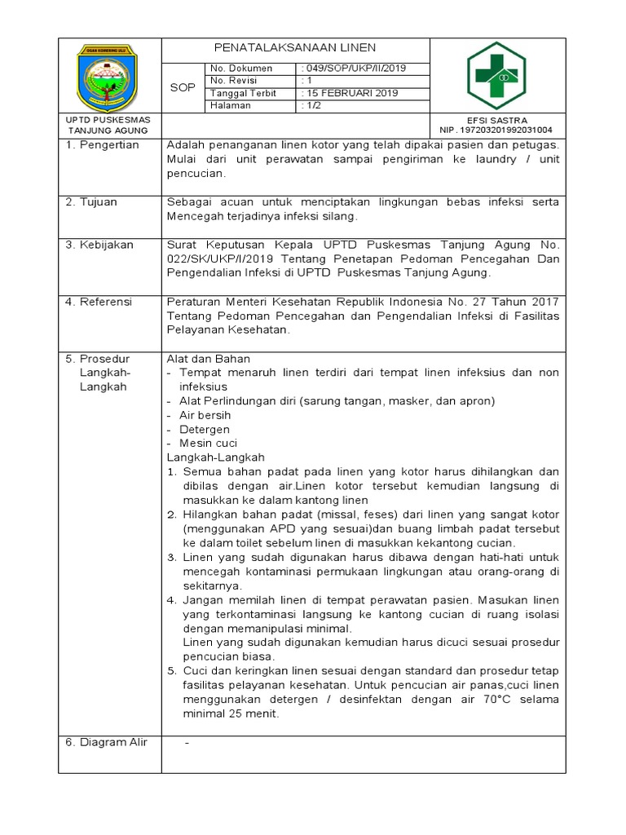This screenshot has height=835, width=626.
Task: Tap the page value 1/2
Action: pyautogui.click(x=312, y=105)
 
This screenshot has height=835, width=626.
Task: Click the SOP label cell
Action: pyautogui.click(x=183, y=87)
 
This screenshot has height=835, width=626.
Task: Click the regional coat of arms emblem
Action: pyautogui.click(x=108, y=74)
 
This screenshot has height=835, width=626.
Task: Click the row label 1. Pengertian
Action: pyautogui.click(x=103, y=145)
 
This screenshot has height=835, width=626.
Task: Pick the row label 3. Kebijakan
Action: pyautogui.click(x=100, y=244)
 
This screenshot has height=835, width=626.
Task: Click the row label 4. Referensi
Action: pyautogui.click(x=99, y=302)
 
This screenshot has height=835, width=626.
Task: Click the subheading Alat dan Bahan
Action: pyautogui.click(x=208, y=359)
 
